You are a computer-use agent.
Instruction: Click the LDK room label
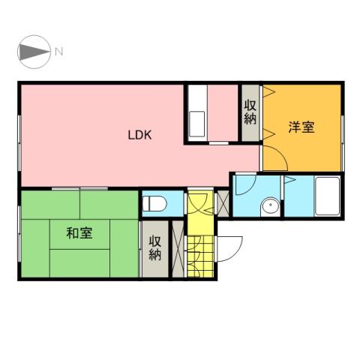(139, 136)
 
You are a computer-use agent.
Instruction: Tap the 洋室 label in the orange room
(301, 127)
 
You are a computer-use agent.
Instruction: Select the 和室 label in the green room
(79, 233)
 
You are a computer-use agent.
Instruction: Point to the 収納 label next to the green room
(154, 248)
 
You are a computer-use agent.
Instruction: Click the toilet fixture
(155, 203)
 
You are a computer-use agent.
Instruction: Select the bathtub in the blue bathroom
(327, 196)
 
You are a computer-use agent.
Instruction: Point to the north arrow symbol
(33, 52)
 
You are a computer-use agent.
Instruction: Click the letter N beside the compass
(58, 52)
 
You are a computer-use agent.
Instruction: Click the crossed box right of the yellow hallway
(222, 202)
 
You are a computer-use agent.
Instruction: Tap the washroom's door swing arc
(245, 187)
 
